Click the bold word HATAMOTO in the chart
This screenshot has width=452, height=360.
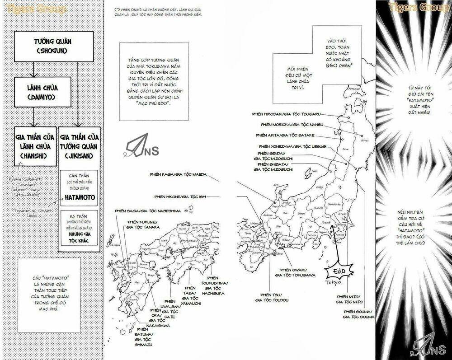tap(79, 197)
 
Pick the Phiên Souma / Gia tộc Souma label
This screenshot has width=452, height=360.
tap(358, 315)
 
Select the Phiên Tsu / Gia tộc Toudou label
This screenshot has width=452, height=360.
tap(271, 297)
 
